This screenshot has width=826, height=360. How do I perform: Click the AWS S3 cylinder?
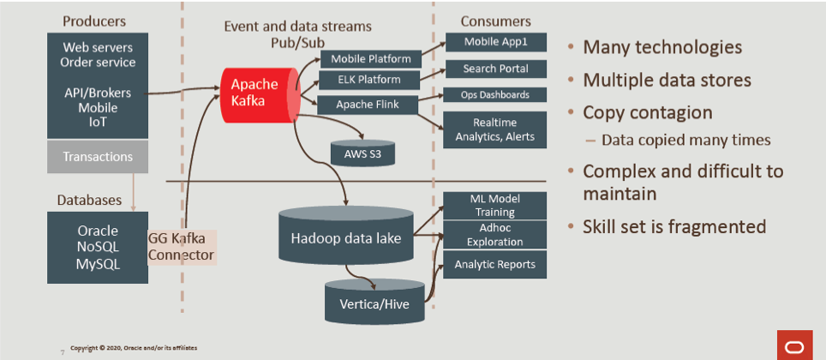(x=361, y=152)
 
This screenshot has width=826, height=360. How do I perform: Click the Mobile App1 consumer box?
(x=495, y=42)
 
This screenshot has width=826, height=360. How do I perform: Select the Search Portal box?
(x=495, y=69)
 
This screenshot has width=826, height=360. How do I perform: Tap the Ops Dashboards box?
(x=495, y=95)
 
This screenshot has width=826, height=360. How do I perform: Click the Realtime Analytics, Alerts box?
(x=495, y=129)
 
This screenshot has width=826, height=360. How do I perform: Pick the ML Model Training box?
(x=494, y=205)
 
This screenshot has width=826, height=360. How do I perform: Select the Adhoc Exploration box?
(x=494, y=234)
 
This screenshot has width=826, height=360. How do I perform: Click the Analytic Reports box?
(x=494, y=265)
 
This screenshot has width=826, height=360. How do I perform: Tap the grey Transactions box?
(x=98, y=157)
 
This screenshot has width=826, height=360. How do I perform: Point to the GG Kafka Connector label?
(x=182, y=247)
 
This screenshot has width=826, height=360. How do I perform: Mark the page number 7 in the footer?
(x=62, y=351)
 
